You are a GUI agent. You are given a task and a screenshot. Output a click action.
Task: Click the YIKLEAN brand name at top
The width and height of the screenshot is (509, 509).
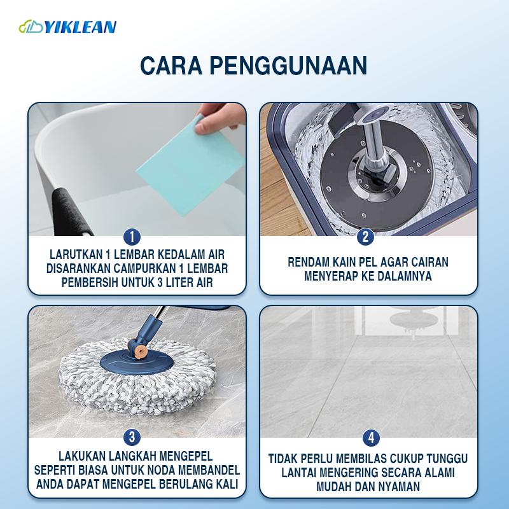click(x=80, y=27)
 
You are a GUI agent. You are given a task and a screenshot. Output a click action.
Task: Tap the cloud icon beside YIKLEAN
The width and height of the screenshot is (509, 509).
click(x=31, y=27)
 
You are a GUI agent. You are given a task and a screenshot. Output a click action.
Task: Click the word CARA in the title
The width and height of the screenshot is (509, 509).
click(x=171, y=66)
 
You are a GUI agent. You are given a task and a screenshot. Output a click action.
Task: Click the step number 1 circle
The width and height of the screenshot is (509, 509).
click(x=132, y=237)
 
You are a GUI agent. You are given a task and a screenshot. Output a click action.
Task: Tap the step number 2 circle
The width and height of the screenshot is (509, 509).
click(x=365, y=237)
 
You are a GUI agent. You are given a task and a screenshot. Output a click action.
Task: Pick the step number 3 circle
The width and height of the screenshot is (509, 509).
click(x=132, y=437)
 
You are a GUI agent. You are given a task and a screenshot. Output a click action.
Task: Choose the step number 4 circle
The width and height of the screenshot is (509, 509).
click(x=371, y=438)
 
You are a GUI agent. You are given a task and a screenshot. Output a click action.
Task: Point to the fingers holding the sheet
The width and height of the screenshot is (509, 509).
click(x=219, y=118)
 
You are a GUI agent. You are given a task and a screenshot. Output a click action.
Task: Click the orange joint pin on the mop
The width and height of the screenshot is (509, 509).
click(x=141, y=351)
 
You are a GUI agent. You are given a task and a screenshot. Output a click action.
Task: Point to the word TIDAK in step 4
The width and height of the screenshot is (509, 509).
click(x=282, y=459)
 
